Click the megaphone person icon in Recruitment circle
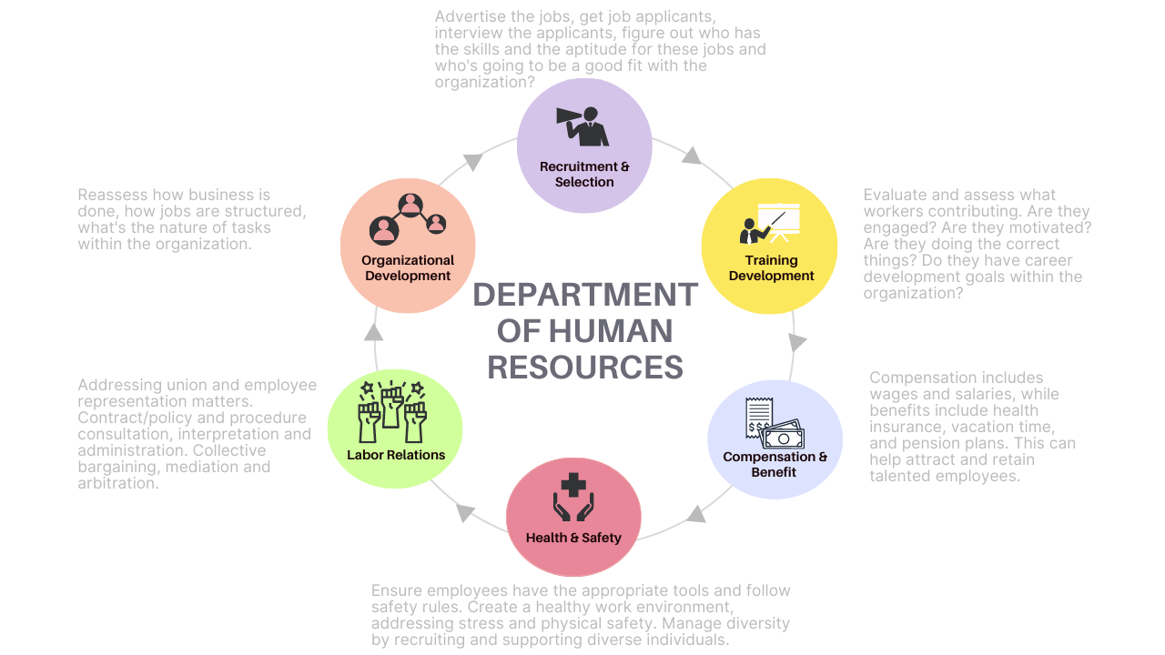(x=582, y=126)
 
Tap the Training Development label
(x=771, y=268)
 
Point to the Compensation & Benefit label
(x=775, y=464)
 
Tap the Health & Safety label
(x=573, y=538)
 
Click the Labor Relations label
(x=396, y=455)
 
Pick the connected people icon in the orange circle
(x=408, y=218)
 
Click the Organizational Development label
(x=408, y=267)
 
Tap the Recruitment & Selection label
(x=584, y=174)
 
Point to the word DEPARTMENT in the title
(x=585, y=295)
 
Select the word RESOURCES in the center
(x=585, y=367)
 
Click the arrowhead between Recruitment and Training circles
(x=693, y=156)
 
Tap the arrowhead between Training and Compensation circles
(x=797, y=342)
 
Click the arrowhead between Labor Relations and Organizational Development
(x=374, y=332)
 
